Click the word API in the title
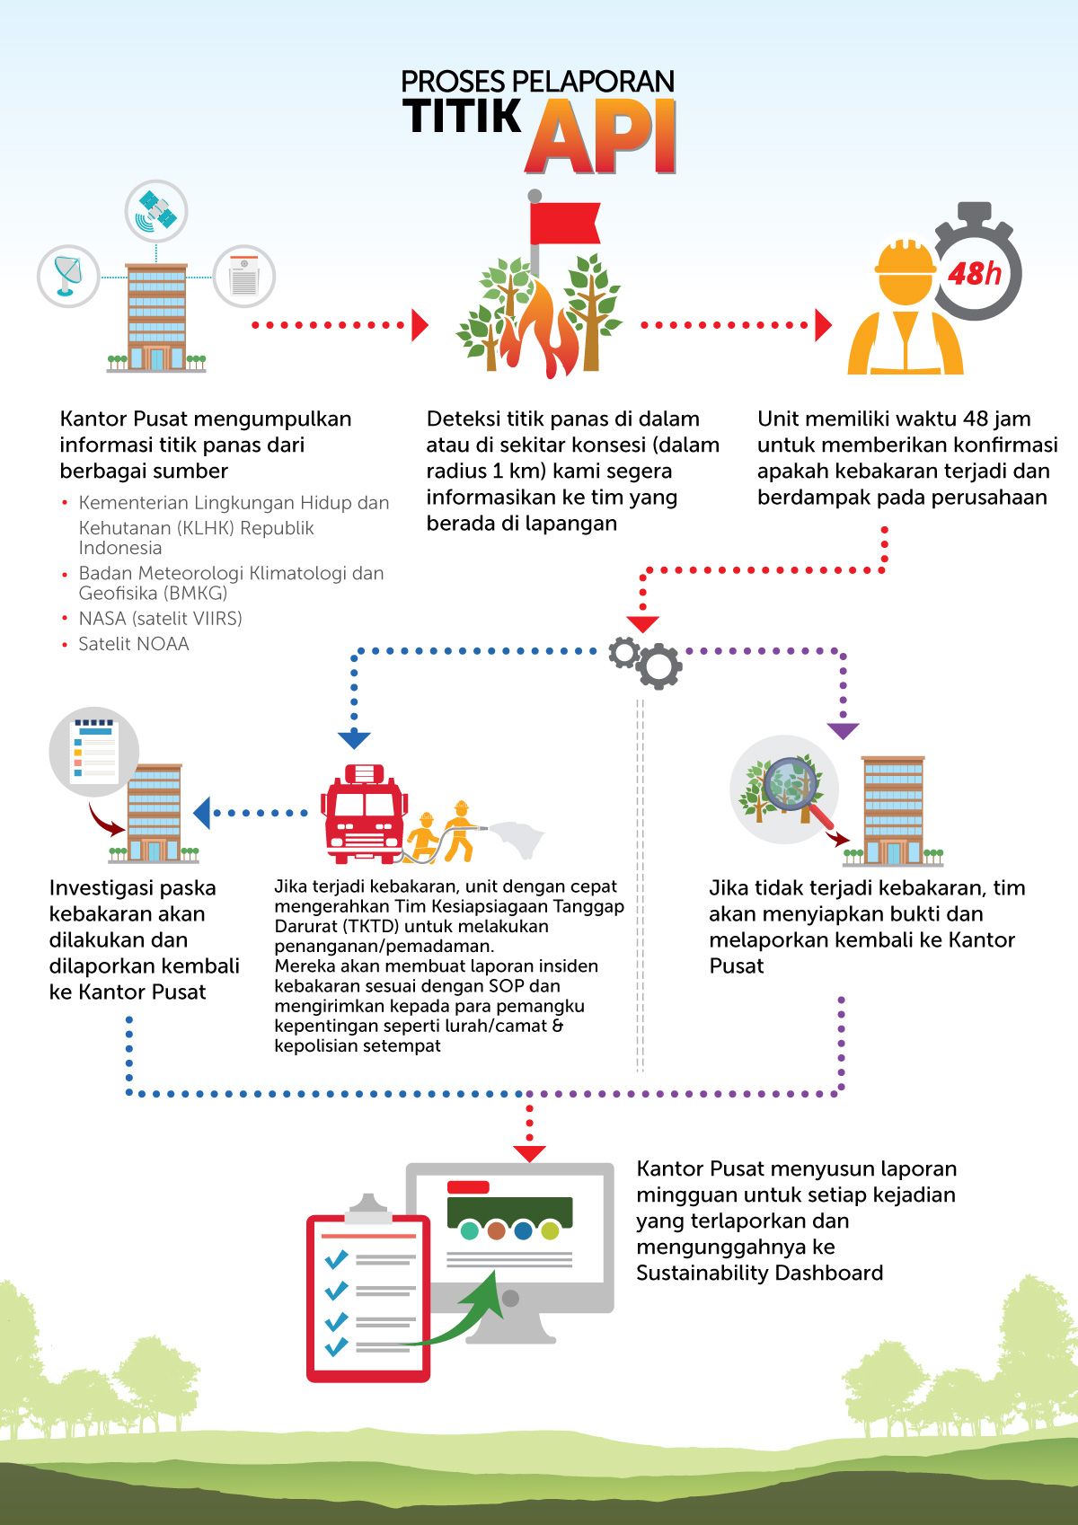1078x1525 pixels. (601, 137)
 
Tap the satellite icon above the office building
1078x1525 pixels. (156, 211)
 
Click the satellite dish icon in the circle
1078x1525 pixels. (67, 276)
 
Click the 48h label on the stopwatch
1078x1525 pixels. (975, 274)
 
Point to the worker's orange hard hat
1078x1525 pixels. (905, 258)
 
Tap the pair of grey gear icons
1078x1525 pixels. (645, 663)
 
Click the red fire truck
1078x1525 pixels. (365, 814)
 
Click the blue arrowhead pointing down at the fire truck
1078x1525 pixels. (354, 740)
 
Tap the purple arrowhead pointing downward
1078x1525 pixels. (843, 731)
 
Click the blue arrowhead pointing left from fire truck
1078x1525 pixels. (201, 813)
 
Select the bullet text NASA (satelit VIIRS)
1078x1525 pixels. (160, 618)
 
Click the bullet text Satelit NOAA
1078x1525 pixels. (134, 644)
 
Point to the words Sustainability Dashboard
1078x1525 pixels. (759, 1274)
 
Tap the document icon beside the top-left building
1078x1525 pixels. (243, 276)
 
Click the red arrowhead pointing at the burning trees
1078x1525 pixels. (420, 325)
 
